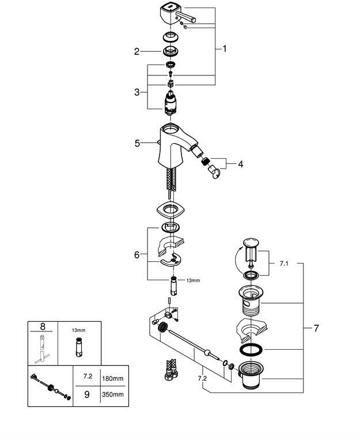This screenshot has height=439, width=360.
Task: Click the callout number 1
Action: (x=225, y=49)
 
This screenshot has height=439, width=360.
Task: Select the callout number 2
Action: (x=137, y=52)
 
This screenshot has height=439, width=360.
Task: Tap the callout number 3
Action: (x=137, y=92)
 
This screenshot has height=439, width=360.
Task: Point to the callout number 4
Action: (x=240, y=164)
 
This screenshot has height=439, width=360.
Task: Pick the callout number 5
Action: (x=137, y=143)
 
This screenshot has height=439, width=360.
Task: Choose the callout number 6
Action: (x=137, y=254)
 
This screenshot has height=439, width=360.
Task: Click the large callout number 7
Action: (x=316, y=329)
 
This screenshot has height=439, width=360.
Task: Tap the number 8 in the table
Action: (x=42, y=327)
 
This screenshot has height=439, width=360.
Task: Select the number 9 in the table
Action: (x=88, y=394)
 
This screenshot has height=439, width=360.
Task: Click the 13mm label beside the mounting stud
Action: (x=192, y=281)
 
